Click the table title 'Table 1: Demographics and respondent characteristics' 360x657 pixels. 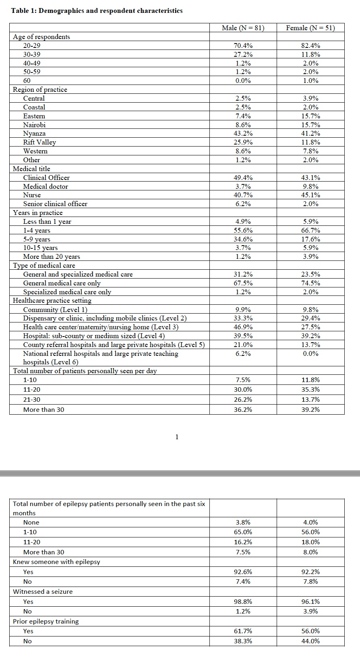[x=97, y=11]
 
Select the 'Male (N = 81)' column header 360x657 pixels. [x=243, y=28]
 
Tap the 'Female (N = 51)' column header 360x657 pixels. [x=310, y=28]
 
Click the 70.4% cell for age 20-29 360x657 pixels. [x=243, y=45]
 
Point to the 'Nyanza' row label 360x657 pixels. [x=34, y=133]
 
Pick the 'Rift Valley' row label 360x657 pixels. [x=39, y=142]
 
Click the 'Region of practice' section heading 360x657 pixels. [x=40, y=89]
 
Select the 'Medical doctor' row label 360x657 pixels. [x=46, y=186]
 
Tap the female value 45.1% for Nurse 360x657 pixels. [x=310, y=195]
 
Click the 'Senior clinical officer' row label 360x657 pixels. [x=55, y=204]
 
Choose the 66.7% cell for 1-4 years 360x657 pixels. [x=310, y=230]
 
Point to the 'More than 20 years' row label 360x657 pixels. [x=52, y=256]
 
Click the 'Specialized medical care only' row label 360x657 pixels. [x=67, y=292]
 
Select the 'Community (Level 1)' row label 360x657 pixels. [x=55, y=310]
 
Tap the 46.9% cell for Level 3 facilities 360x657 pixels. [x=243, y=327]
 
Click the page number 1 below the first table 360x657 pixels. [x=177, y=437]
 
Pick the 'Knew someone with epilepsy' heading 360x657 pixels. [x=56, y=562]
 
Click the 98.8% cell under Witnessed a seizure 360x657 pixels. [x=243, y=601]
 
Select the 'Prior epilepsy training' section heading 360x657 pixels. [x=46, y=621]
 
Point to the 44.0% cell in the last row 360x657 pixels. [x=310, y=641]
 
